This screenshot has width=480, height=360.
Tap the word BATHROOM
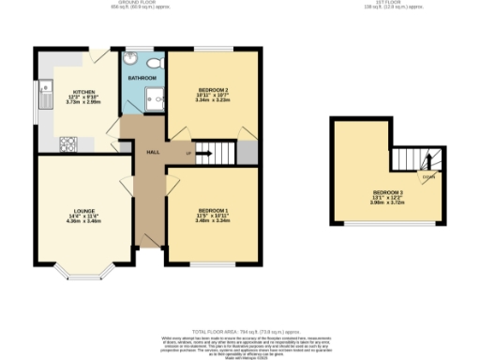(x=142, y=79)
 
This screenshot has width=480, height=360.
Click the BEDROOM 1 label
(x=213, y=211)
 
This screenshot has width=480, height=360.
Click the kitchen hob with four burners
(x=68, y=143)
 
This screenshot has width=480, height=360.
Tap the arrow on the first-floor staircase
(x=429, y=161)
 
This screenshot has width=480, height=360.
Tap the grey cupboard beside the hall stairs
(x=247, y=151)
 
